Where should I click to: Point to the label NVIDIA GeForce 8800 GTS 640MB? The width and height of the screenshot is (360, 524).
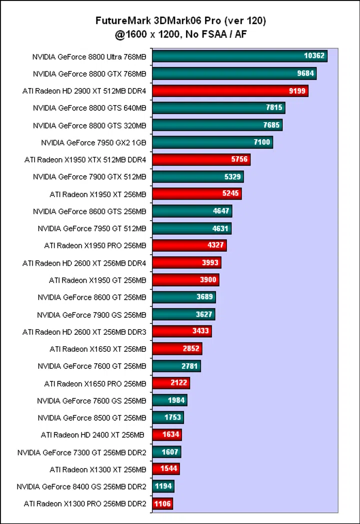pyautogui.click(x=89, y=108)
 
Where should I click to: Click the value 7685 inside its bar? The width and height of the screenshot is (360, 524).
pyautogui.click(x=271, y=125)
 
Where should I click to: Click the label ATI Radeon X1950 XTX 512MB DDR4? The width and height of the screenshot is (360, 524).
pyautogui.click(x=85, y=160)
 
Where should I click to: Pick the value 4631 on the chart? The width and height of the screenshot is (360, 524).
pyautogui.click(x=220, y=228)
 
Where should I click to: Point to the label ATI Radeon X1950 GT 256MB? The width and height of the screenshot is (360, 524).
pyautogui.click(x=97, y=280)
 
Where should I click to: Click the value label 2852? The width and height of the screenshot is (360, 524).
pyautogui.click(x=191, y=349)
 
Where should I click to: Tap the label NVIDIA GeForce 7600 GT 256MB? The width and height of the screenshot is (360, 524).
pyautogui.click(x=92, y=366)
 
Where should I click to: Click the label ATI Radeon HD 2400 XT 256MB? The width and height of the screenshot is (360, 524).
pyautogui.click(x=92, y=435)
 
